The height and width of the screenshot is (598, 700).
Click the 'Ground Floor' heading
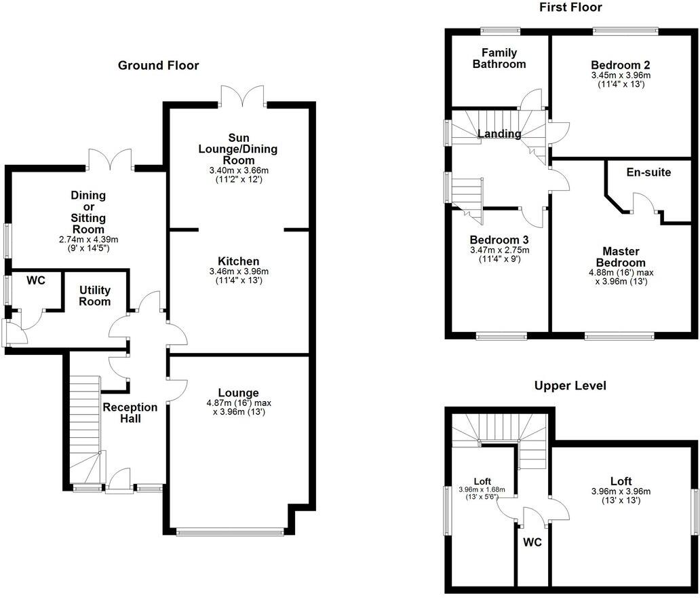[x=158, y=66]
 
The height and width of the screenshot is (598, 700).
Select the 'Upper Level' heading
[x=570, y=386]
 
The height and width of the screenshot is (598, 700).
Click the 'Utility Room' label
[x=94, y=295]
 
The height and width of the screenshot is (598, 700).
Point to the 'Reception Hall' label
[x=130, y=413]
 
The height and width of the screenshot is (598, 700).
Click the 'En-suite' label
[x=648, y=172]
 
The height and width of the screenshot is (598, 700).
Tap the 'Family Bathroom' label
[x=499, y=58]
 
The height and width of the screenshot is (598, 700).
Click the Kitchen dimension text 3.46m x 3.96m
[x=238, y=272]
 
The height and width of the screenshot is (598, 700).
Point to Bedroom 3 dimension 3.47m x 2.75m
[x=499, y=250]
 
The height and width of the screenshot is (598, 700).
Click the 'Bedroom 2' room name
[x=620, y=65]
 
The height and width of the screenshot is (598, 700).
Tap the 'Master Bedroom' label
[x=621, y=257]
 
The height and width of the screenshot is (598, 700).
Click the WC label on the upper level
[x=532, y=543]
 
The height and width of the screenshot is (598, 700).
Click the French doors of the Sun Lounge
[x=242, y=96]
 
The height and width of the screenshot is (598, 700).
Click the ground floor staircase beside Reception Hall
[x=84, y=428]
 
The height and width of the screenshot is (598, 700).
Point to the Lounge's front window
[x=229, y=533]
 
